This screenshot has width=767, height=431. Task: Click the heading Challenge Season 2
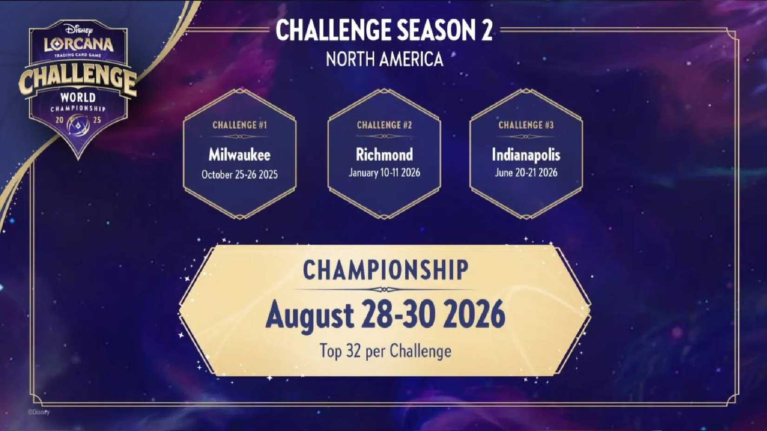[384, 31]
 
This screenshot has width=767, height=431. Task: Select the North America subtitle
[384, 59]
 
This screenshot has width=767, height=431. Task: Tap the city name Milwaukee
[239, 155]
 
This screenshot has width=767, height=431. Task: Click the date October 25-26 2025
[239, 175]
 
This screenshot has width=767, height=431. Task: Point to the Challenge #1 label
[239, 125]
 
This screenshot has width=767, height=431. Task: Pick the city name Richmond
[384, 155]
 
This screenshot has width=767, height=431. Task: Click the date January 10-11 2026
[384, 173]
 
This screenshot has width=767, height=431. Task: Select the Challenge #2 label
[384, 125]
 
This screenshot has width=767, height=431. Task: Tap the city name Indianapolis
[526, 155]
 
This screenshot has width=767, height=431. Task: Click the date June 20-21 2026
[526, 173]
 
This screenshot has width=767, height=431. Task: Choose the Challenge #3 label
[526, 125]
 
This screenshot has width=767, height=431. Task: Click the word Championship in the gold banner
[385, 270]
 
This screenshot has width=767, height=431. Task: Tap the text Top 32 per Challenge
[385, 351]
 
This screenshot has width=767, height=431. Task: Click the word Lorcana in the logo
[79, 45]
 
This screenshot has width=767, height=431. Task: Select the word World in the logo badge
[78, 98]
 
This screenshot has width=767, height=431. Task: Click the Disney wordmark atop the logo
[79, 30]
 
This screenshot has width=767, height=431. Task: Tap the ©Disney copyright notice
[39, 412]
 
